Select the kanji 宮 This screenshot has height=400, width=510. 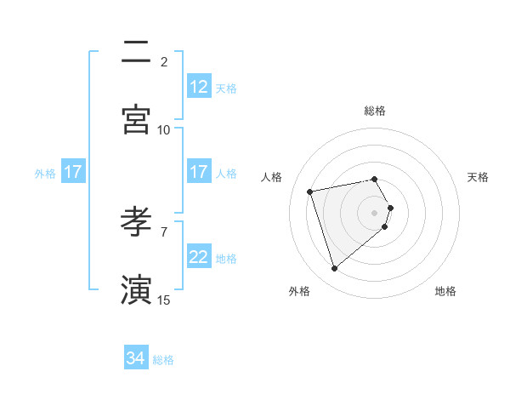137,120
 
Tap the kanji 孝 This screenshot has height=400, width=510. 137,222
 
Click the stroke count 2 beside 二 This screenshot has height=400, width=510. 164,61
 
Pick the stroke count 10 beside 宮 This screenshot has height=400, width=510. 164,129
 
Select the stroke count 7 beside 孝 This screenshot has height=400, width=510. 164,231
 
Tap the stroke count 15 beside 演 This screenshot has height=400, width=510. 164,299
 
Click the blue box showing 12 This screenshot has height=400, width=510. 199,87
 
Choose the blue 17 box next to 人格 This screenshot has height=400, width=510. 199,172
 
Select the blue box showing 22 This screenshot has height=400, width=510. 199,257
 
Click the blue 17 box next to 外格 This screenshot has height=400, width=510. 73,172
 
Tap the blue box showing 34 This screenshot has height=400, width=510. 136,359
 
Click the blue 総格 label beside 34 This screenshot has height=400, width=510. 163,360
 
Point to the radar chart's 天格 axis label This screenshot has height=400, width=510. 479,177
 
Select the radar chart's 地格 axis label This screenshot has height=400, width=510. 445,291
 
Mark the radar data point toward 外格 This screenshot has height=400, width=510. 334,269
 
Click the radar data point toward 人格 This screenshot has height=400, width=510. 310,191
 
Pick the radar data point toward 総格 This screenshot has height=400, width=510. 374,179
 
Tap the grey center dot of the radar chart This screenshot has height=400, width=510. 374,213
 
